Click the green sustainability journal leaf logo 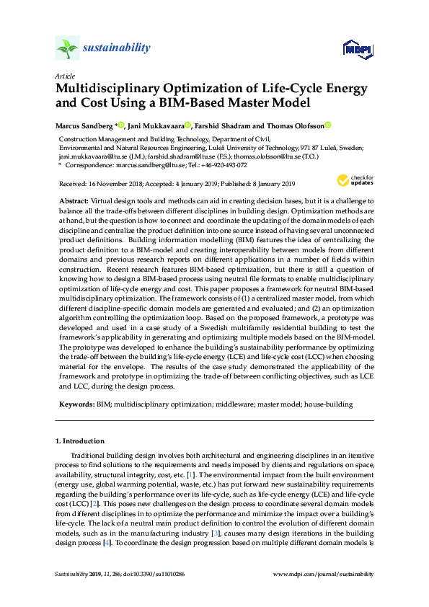click(68, 48)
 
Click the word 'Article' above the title click(65, 76)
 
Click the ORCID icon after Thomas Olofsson click(327, 125)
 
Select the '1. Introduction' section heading click(80, 440)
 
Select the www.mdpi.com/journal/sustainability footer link click(324, 574)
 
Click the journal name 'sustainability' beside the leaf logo click(117, 48)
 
